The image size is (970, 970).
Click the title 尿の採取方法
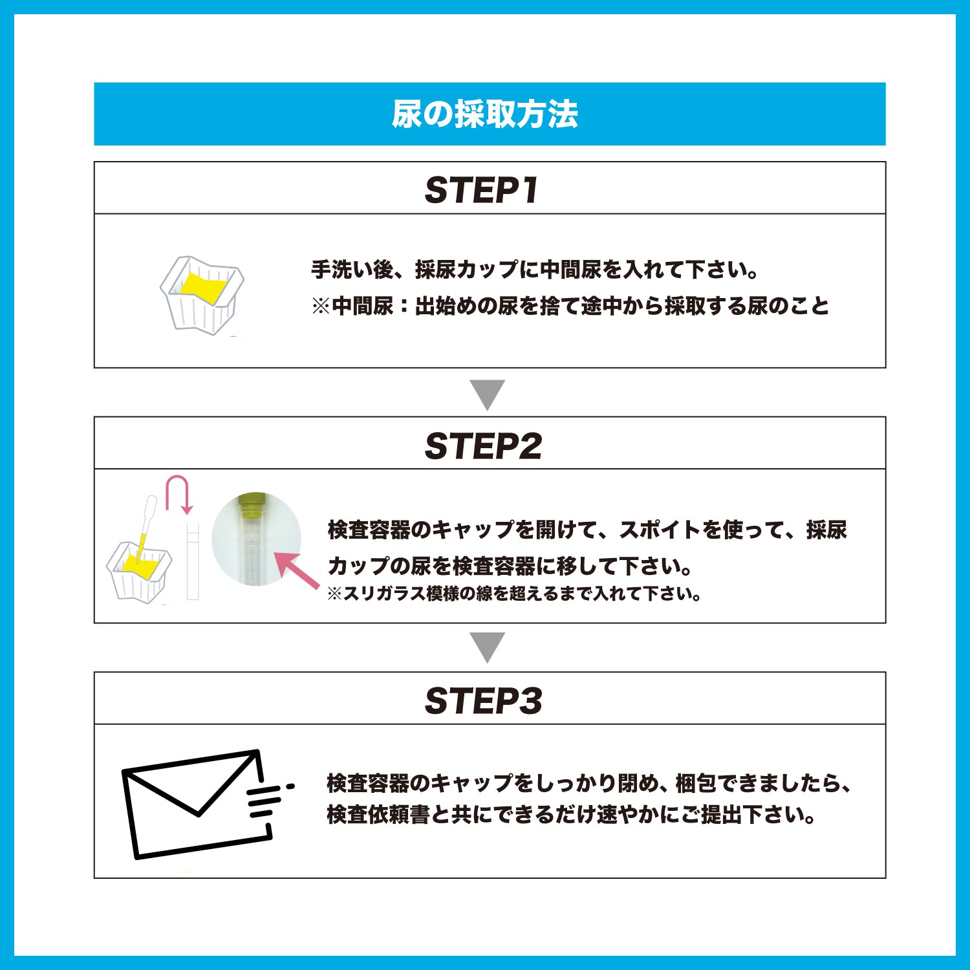[x=484, y=114]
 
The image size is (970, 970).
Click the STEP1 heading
[x=482, y=190]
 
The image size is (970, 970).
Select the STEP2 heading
[x=483, y=446]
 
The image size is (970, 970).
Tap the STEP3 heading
[x=483, y=700]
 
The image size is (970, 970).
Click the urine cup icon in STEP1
[x=201, y=295]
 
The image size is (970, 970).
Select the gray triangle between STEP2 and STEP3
[x=488, y=647]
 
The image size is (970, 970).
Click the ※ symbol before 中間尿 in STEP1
[x=321, y=306]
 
